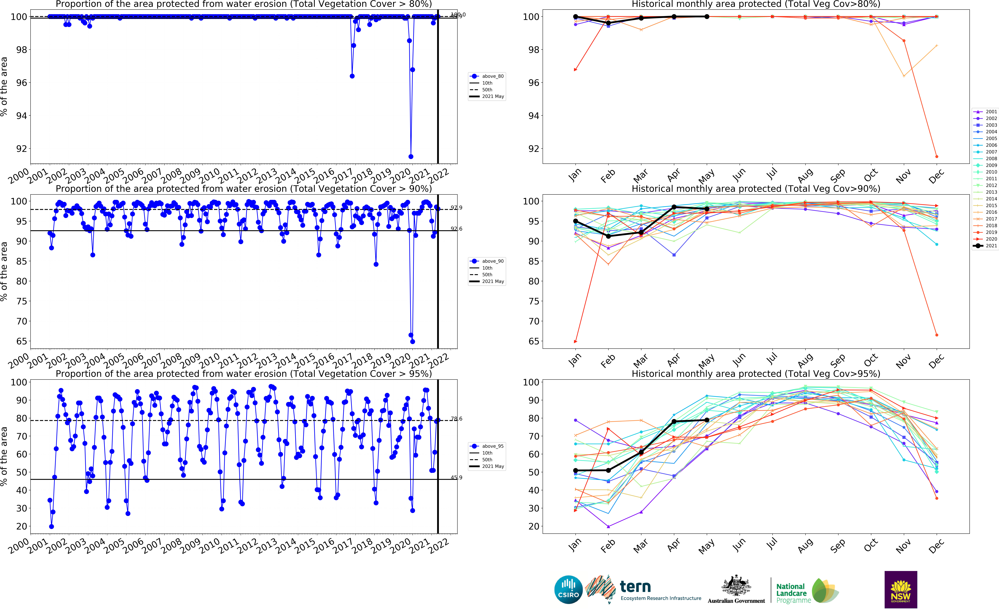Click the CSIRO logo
tap(568, 590)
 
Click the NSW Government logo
tap(901, 590)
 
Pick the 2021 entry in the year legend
tap(991, 246)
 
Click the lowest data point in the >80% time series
tap(411, 156)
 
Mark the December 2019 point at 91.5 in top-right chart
tap(936, 156)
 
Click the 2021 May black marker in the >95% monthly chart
tap(707, 420)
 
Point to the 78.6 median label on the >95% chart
tap(456, 419)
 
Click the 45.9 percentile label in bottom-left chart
tap(456, 477)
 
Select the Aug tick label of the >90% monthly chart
tap(805, 360)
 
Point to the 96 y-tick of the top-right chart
tap(533, 83)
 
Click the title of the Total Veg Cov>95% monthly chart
tap(756, 374)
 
